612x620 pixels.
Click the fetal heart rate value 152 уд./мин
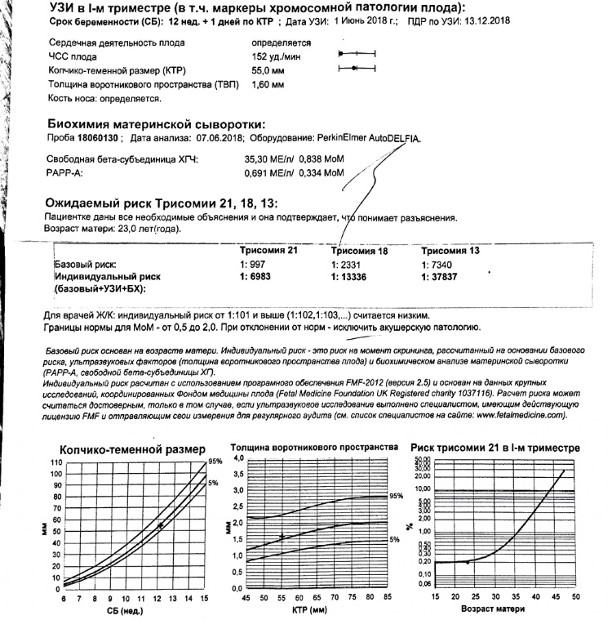pyautogui.click(x=273, y=56)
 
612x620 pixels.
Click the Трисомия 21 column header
pyautogui.click(x=270, y=251)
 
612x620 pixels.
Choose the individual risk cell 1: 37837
pyautogui.click(x=441, y=277)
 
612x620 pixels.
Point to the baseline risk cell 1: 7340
pyautogui.click(x=437, y=265)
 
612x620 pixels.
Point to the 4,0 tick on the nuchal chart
pyautogui.click(x=238, y=459)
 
